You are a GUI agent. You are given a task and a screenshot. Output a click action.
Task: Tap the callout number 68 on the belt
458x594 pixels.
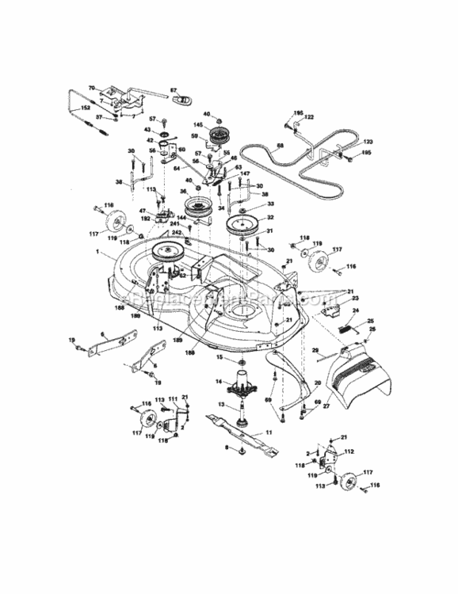[x=279, y=145]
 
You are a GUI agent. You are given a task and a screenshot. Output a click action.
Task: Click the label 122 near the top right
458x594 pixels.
[x=309, y=116]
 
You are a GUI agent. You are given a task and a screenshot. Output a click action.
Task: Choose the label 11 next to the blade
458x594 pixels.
[x=268, y=432]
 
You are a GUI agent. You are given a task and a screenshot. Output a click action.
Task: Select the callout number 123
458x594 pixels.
[x=345, y=142]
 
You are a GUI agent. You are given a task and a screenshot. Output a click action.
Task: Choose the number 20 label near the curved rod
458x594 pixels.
[x=318, y=383]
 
